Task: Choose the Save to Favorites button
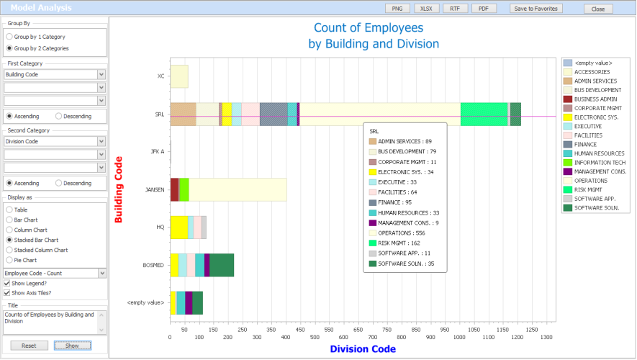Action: pyautogui.click(x=535, y=9)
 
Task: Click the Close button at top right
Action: pyautogui.click(x=598, y=9)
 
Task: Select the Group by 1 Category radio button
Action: pyautogui.click(x=9, y=36)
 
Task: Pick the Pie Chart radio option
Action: pyautogui.click(x=9, y=260)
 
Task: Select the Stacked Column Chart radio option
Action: pyautogui.click(x=9, y=250)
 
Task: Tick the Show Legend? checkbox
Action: pyautogui.click(x=7, y=283)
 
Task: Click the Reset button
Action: pyautogui.click(x=29, y=346)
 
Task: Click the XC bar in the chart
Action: pyautogui.click(x=179, y=76)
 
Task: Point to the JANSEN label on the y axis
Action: pyautogui.click(x=155, y=190)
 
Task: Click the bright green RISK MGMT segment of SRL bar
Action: pyautogui.click(x=484, y=114)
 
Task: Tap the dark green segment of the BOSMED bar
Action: pyautogui.click(x=222, y=265)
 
